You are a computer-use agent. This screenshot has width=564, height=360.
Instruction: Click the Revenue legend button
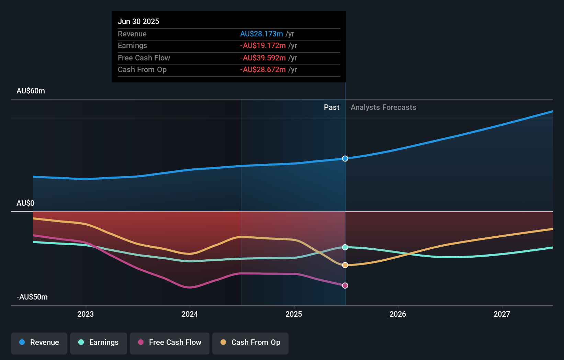[39, 342]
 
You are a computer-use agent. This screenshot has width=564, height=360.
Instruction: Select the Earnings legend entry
[99, 342]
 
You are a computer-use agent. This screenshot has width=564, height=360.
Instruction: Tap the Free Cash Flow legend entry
[170, 342]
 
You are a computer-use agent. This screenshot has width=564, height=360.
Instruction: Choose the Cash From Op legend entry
[250, 342]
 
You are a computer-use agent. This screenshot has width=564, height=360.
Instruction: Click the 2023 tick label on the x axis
[86, 314]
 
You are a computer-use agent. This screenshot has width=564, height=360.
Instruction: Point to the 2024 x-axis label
[190, 314]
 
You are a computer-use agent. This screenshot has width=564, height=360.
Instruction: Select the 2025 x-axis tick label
[294, 314]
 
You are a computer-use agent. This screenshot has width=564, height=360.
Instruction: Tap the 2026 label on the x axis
[398, 314]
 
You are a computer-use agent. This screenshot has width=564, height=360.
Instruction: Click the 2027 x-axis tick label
[502, 314]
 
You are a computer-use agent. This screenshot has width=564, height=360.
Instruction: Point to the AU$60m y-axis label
[31, 91]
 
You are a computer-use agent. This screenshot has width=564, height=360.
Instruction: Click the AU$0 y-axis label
[25, 203]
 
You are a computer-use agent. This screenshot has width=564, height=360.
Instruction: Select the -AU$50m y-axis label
[32, 297]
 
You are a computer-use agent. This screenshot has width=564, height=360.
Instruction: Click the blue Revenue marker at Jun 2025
[345, 158]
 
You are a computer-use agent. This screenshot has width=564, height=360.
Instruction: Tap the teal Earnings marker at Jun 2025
[345, 247]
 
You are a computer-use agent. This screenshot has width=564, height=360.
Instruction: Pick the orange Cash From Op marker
[345, 265]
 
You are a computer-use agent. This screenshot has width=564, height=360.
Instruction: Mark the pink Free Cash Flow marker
[345, 285]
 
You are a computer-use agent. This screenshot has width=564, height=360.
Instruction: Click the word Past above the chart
[331, 108]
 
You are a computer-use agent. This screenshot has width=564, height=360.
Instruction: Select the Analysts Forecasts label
[383, 108]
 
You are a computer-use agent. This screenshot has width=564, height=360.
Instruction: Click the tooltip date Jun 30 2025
[138, 21]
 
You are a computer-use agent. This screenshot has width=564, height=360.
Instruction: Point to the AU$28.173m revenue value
[261, 34]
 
